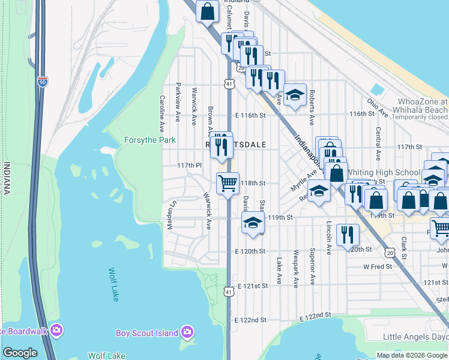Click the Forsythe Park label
149,140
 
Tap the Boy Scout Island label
147,333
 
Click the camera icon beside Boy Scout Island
187,332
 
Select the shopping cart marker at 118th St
228,182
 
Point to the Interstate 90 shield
42,82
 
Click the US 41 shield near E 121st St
229,292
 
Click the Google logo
20,353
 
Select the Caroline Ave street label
161,113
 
